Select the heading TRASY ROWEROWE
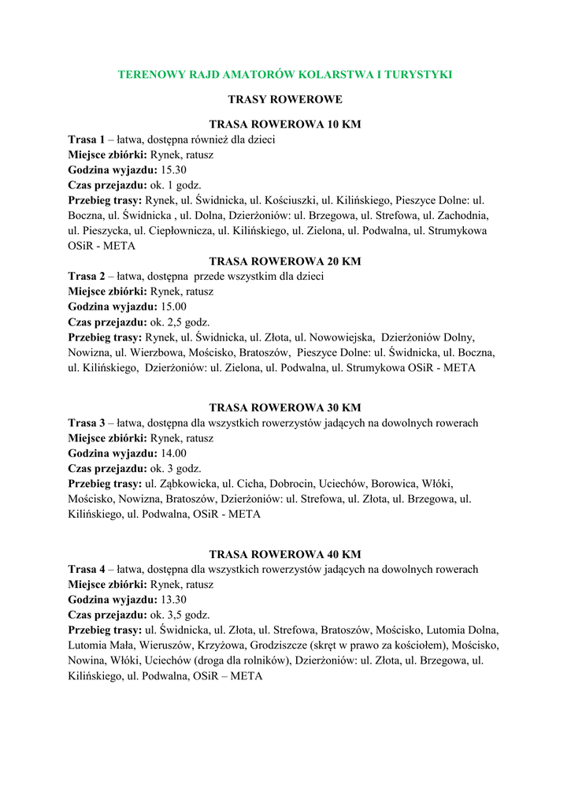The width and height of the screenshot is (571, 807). coord(285,100)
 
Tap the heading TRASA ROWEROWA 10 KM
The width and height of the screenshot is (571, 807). coord(285,125)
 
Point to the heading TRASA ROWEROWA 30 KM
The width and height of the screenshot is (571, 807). coord(285,407)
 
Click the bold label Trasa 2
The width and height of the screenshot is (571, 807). coord(86,277)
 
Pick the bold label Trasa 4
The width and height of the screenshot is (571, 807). coord(86,569)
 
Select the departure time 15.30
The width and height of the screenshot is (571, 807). coord(173,170)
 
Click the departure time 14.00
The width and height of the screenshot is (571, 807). coord(173,453)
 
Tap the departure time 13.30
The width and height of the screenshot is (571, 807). coord(173,600)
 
